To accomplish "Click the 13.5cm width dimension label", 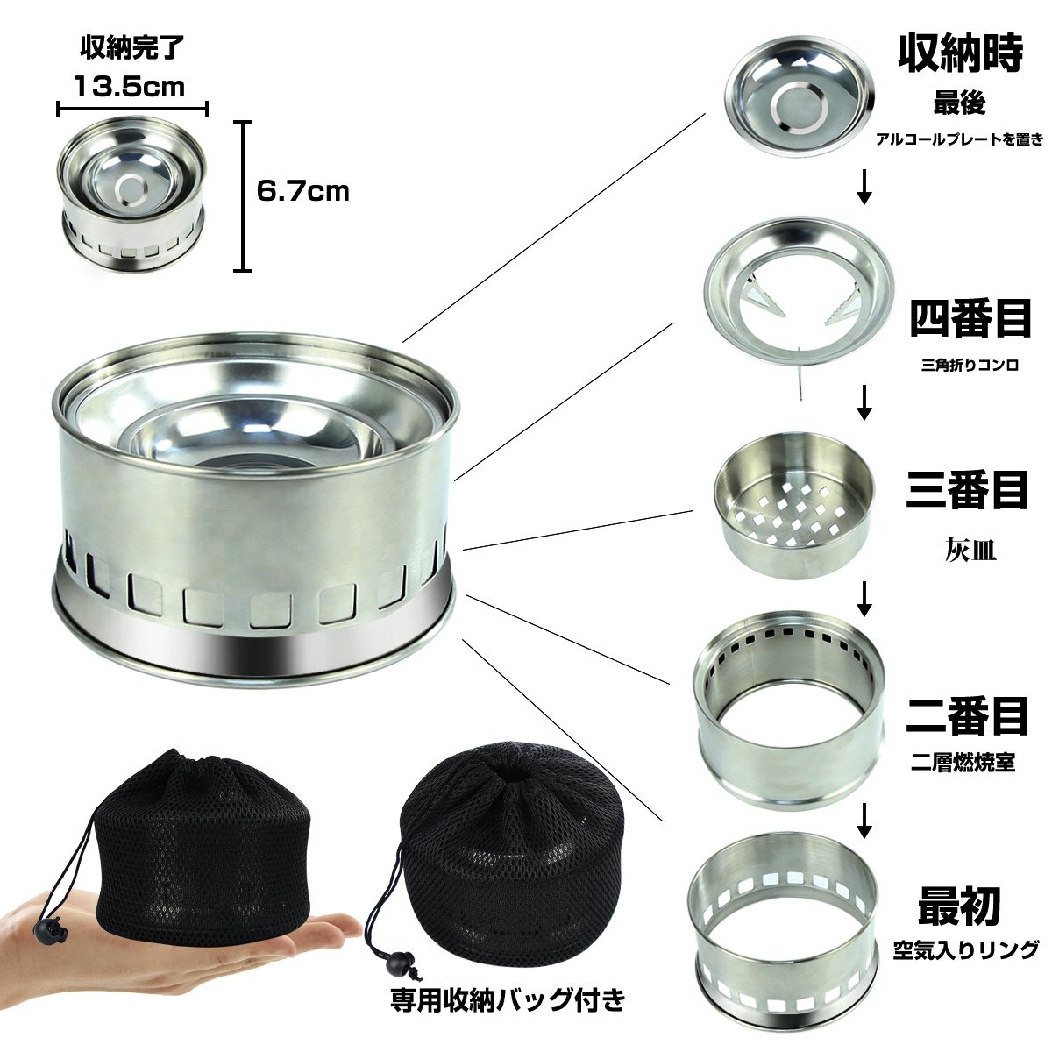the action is tap(130, 86).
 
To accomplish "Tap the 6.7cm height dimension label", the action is tap(302, 191).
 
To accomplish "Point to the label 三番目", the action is tap(967, 490).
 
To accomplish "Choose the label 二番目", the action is tap(967, 714).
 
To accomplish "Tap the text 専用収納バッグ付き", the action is tap(508, 999).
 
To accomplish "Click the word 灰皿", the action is tap(970, 551).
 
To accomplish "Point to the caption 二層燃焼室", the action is tap(963, 763).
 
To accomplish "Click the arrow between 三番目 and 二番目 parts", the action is tap(864, 599).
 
